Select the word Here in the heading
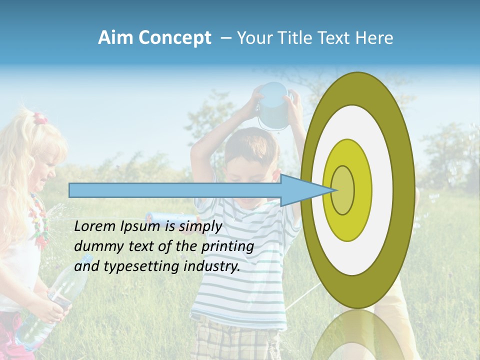coord(374,38)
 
